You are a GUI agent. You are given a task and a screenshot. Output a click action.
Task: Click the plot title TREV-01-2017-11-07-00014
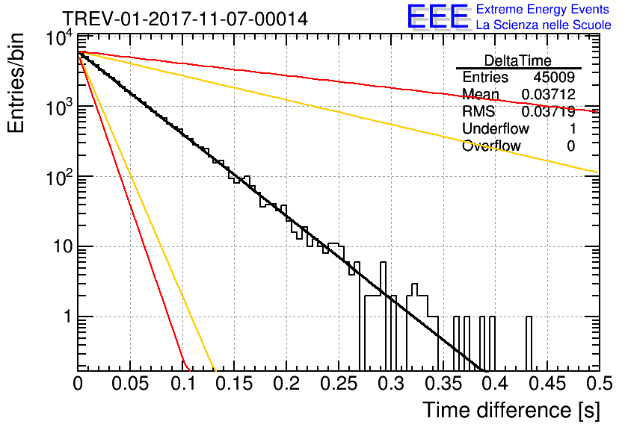[x=185, y=19]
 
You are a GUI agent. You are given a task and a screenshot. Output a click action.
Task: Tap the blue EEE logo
[x=437, y=16]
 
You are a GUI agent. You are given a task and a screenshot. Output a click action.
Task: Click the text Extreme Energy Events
[x=543, y=9]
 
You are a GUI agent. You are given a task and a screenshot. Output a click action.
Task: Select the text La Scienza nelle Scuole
[x=544, y=25]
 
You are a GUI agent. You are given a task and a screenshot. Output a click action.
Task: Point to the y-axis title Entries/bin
[x=16, y=83]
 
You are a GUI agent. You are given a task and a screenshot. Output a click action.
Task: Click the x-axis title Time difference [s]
[x=511, y=411]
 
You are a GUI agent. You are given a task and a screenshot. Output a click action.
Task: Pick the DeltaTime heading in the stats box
[x=518, y=61]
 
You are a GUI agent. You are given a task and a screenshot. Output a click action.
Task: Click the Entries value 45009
[x=554, y=77]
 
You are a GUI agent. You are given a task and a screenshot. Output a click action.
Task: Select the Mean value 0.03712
[x=549, y=94]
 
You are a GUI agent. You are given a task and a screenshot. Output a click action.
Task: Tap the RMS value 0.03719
[x=549, y=112]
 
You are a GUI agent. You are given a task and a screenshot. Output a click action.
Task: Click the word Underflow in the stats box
[x=496, y=128]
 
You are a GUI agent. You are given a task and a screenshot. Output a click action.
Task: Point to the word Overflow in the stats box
[x=491, y=146]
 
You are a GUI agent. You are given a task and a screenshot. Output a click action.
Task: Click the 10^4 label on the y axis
[x=59, y=39]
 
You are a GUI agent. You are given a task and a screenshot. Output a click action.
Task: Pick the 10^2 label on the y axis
[x=59, y=178]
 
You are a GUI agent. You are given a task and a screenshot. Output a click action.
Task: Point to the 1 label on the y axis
[x=67, y=317]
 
